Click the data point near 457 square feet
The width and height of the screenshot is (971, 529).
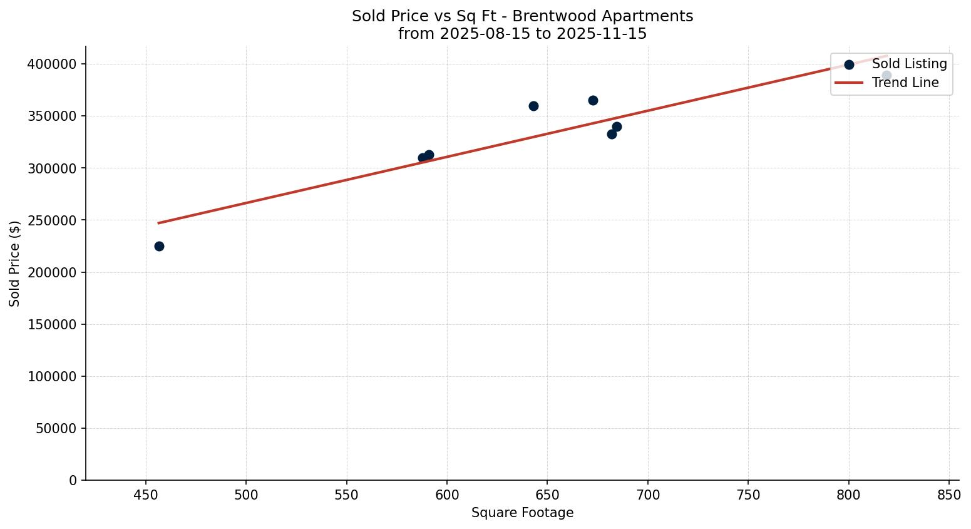159,246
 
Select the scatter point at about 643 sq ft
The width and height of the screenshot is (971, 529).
533,106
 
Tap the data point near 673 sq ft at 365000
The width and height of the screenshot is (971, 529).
593,100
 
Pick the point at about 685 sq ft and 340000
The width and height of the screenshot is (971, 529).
617,126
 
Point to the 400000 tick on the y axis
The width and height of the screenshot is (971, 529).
52,64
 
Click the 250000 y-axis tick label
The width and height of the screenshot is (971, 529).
52,220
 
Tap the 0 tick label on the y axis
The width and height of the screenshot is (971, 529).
73,480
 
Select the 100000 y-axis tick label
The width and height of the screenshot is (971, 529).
52,376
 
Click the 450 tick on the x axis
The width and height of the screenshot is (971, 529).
146,495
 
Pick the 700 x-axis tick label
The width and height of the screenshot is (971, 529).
648,495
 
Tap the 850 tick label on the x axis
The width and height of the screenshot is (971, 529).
949,495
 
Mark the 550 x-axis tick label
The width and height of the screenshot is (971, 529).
346,495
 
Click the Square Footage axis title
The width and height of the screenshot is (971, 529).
522,513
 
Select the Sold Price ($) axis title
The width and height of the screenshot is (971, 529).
15,264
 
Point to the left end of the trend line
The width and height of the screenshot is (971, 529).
158,223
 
